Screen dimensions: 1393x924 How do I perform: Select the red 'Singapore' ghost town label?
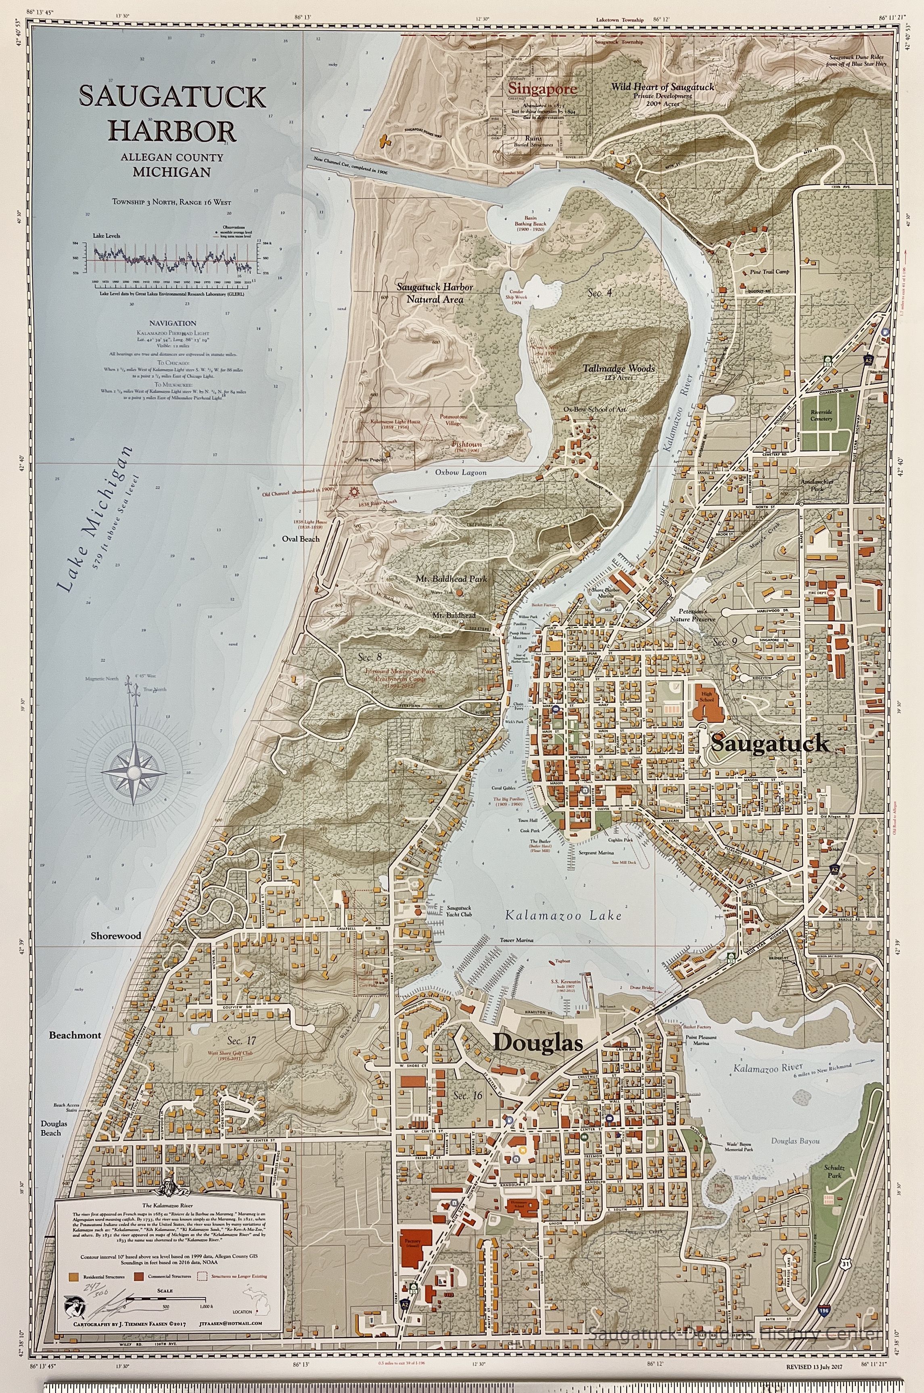pyautogui.click(x=542, y=89)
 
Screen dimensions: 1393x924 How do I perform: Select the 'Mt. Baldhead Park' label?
pyautogui.click(x=460, y=579)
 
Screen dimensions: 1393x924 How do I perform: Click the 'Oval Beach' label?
pyautogui.click(x=301, y=538)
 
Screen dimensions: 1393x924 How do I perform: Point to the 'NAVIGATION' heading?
pyautogui.click(x=172, y=323)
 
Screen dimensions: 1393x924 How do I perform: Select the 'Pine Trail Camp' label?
pyautogui.click(x=769, y=272)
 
